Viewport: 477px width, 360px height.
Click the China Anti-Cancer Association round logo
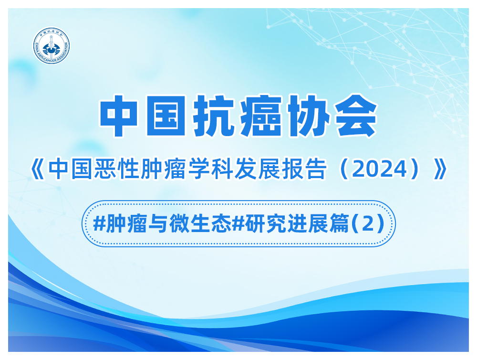point(52,46)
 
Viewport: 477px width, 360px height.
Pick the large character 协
point(308,116)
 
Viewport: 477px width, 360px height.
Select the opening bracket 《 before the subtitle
point(38,169)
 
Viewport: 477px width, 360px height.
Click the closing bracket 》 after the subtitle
point(440,169)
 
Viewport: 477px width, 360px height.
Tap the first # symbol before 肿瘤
point(99,224)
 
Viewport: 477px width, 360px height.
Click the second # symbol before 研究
point(238,224)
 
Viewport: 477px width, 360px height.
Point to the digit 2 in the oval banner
point(368,224)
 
